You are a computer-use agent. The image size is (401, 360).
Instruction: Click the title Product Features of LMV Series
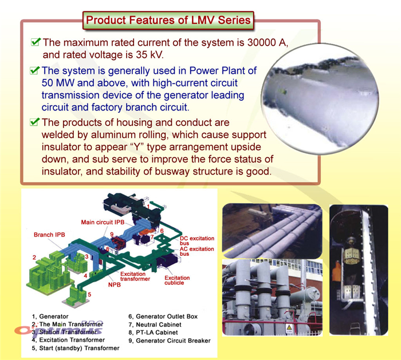pos(168,20)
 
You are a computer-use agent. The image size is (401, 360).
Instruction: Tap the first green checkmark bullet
pos(36,42)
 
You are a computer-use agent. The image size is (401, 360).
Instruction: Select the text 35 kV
pos(150,55)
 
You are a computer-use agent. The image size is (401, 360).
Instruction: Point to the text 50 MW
pos(58,83)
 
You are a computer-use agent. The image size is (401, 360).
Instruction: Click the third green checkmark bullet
pos(35,121)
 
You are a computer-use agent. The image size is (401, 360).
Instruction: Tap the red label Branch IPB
pos(49,235)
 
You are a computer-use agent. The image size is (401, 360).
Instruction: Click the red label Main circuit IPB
pos(103,222)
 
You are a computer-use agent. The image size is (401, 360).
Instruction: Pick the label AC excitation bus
pos(196,251)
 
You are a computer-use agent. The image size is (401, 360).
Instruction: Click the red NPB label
pos(115,284)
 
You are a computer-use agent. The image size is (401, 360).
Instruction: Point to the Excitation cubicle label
pos(177,280)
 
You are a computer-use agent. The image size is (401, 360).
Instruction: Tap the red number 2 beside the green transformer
pos(34,258)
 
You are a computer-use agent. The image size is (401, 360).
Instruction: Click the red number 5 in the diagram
pos(89,295)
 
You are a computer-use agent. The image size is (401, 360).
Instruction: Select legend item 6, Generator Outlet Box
pos(163,317)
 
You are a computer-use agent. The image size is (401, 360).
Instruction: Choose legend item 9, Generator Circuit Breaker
pos(170,341)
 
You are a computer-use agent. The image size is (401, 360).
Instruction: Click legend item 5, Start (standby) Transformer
pos(76,348)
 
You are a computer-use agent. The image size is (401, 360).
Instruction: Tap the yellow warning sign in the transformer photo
pos(289,327)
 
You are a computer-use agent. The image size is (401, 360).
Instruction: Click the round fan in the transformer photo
pos(250,329)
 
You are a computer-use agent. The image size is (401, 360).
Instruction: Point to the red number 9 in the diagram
pos(112,234)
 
